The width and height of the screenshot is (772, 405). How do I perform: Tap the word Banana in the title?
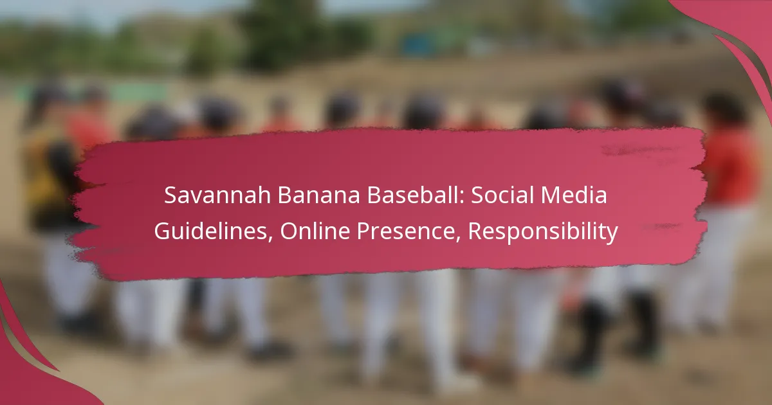point(319,195)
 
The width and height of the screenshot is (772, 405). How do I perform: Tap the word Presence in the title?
point(406,231)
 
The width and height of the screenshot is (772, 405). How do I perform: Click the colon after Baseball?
point(462,198)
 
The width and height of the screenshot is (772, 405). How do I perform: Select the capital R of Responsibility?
point(474,231)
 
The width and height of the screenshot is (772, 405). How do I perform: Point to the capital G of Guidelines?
point(162,231)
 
